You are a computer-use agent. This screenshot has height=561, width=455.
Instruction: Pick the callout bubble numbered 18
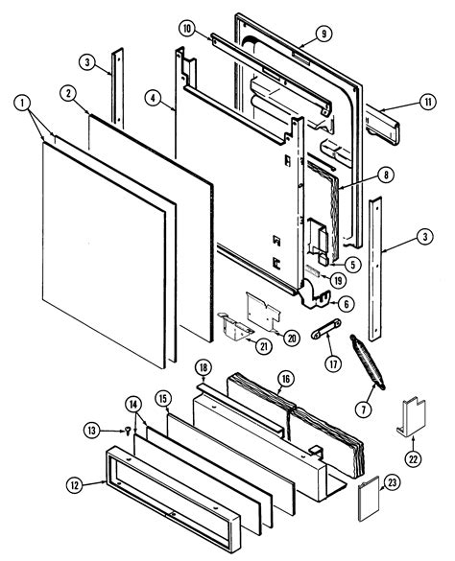coord(204,368)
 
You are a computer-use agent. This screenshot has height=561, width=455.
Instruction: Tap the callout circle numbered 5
coord(352,264)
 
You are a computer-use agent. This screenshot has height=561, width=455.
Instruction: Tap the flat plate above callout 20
coord(263,309)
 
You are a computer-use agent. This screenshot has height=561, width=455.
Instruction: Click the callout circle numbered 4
coord(152,96)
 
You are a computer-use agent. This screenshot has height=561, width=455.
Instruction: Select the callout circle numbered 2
coord(69,93)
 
